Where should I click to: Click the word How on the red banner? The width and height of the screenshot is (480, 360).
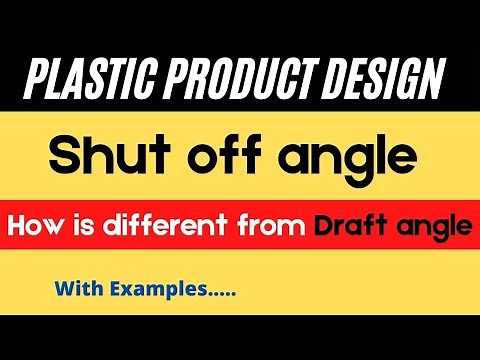click(36, 227)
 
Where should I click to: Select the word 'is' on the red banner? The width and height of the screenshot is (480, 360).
click(82, 227)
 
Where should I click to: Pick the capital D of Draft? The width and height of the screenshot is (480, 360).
click(321, 227)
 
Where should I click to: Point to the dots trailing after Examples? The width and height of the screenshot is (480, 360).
click(219, 298)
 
